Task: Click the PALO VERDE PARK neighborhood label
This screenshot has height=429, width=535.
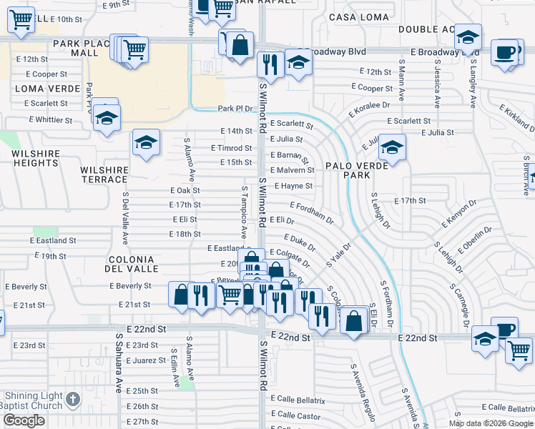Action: pyautogui.click(x=346, y=170)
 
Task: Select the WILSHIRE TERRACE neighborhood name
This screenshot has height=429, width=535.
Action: pyautogui.click(x=104, y=174)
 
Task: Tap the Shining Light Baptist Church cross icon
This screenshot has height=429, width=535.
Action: pyautogui.click(x=72, y=399)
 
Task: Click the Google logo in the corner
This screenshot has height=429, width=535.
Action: pyautogui.click(x=24, y=420)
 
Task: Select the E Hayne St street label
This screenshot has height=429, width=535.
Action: pyautogui.click(x=293, y=186)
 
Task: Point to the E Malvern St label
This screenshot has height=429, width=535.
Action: pyautogui.click(x=293, y=170)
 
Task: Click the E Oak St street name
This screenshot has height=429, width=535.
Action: pyautogui.click(x=185, y=190)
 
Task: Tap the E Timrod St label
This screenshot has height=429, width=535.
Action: pyautogui.click(x=231, y=148)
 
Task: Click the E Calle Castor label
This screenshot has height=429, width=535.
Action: pyautogui.click(x=294, y=415)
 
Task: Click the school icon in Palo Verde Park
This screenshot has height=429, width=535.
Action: pyautogui.click(x=392, y=147)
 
